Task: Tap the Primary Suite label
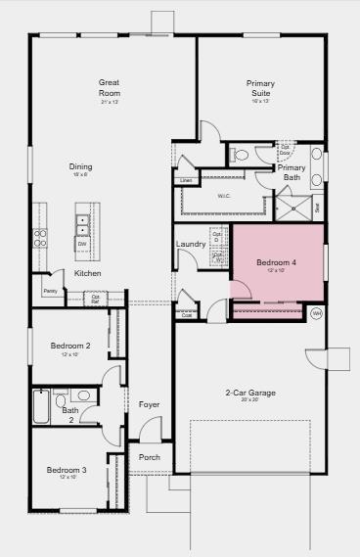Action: pos(259,87)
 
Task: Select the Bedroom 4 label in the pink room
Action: pos(276,262)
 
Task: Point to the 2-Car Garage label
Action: pos(250,393)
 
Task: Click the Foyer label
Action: pos(149,404)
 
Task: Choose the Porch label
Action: pos(149,457)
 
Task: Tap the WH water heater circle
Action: pos(316,313)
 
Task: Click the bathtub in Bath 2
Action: pos(41,406)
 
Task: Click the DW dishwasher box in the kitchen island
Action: pos(82,243)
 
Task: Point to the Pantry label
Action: pos(50,291)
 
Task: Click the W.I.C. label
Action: pos(223,195)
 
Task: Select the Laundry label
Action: pos(190,243)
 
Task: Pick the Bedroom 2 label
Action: pos(71,346)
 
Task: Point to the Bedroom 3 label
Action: pos(67,470)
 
